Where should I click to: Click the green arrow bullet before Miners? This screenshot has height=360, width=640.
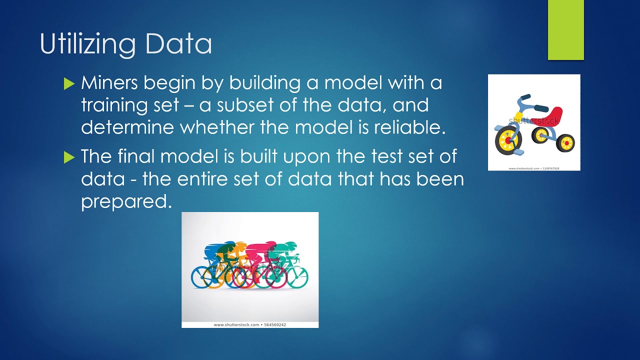click(69, 83)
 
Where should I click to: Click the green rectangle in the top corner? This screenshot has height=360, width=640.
click(566, 30)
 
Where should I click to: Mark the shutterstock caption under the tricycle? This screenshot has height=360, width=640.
click(534, 168)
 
